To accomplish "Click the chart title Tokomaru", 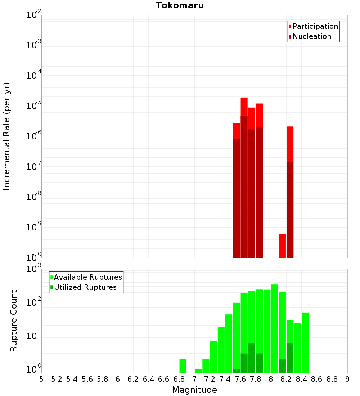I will [x=180, y=5].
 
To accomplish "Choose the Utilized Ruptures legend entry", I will [x=85, y=288].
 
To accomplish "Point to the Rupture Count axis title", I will [x=14, y=321].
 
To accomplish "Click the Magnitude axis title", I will [x=194, y=390].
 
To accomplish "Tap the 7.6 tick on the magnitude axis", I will [x=240, y=379].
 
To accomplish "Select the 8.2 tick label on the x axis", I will [x=286, y=379].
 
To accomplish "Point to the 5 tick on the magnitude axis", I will [x=41, y=379].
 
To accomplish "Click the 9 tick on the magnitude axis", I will [x=347, y=379].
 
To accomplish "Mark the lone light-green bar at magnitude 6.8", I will [x=183, y=366].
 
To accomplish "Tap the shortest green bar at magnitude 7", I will [x=198, y=371].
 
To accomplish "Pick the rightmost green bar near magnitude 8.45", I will [x=305, y=342].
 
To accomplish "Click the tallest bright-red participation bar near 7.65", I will [x=244, y=106].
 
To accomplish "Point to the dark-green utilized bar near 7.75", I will [x=252, y=358].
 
